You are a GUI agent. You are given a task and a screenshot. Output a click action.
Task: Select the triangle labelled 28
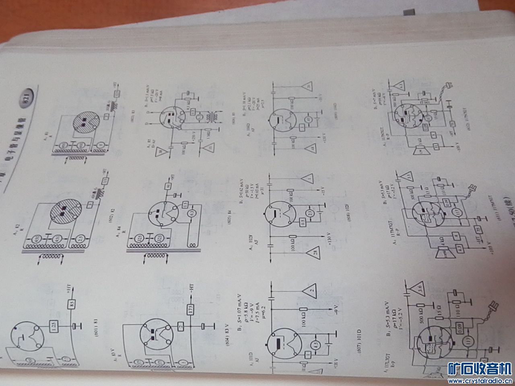[x=312, y=253]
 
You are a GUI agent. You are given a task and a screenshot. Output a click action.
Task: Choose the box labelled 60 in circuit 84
[x=168, y=186]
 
